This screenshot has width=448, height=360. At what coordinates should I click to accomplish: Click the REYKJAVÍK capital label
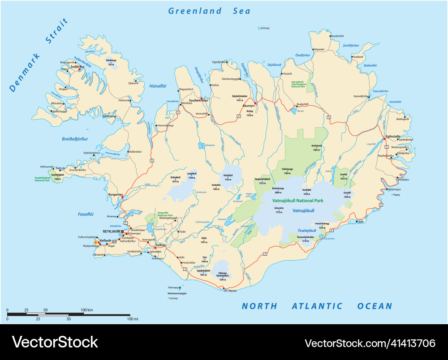point(112,231)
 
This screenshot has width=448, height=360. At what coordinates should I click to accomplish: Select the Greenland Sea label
point(209,11)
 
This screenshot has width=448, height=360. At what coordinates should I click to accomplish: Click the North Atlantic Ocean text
point(317,306)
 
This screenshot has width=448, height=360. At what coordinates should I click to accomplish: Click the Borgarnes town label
point(115,195)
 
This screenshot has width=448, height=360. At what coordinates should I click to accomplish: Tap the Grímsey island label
point(264,28)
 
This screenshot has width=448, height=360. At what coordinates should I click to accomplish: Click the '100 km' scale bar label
point(86,310)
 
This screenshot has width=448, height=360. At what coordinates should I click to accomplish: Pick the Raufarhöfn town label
point(337,36)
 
